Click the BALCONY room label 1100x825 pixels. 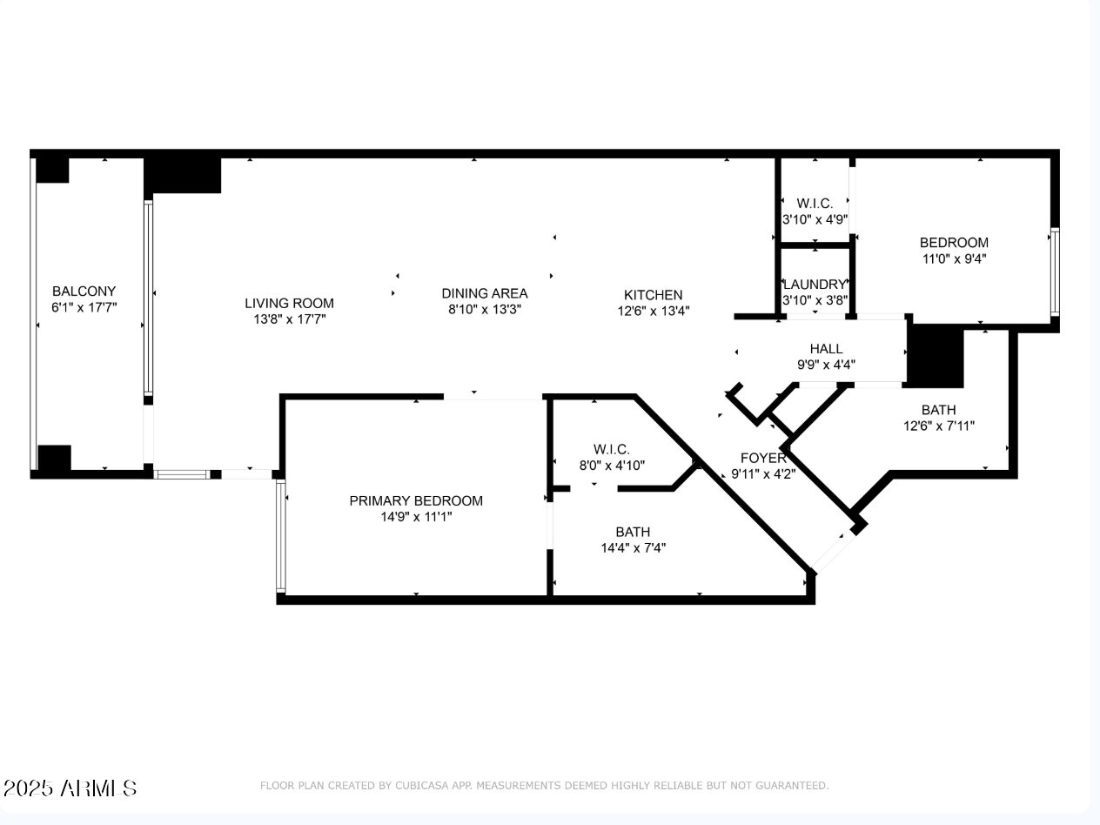(x=84, y=292)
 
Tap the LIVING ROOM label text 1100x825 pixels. (x=289, y=304)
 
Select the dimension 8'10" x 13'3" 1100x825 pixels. (x=484, y=310)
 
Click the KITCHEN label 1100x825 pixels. (x=653, y=295)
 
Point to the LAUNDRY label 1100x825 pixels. (x=815, y=285)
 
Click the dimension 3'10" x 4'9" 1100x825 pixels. (x=815, y=220)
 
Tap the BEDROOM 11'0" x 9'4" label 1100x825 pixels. (x=954, y=243)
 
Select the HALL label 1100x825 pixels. (x=826, y=349)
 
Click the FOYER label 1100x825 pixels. (x=763, y=458)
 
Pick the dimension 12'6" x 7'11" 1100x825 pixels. (x=938, y=426)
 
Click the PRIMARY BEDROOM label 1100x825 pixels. (x=415, y=501)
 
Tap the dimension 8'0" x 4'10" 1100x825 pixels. (x=611, y=466)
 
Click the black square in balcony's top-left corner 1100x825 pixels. (x=51, y=168)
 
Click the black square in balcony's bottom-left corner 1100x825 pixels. (x=53, y=459)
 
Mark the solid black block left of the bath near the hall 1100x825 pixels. (x=936, y=357)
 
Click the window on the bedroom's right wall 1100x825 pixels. (x=1054, y=272)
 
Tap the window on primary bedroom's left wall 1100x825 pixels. (x=280, y=536)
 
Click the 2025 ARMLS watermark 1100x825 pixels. (x=70, y=788)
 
